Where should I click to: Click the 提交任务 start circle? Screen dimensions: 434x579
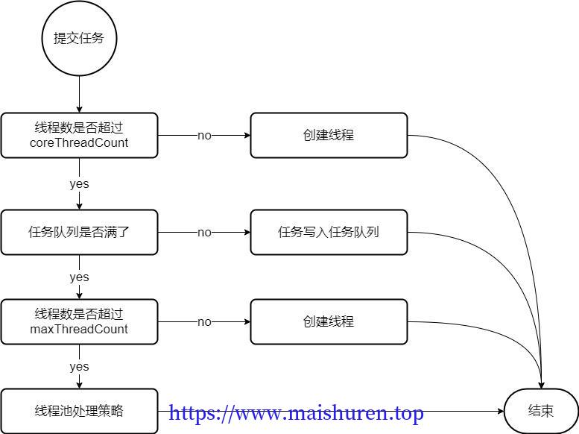click(79, 39)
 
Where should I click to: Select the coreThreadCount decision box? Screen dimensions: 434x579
click(79, 135)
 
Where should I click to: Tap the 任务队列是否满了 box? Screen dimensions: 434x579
click(79, 232)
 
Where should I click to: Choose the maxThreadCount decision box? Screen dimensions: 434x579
click(79, 321)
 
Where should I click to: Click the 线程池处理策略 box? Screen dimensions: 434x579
click(79, 411)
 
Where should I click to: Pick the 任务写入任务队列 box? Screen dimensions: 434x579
click(329, 232)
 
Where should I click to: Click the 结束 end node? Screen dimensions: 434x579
click(541, 411)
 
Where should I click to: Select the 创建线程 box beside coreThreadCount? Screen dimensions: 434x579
click(329, 135)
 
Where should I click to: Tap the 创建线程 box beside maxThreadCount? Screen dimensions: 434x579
click(329, 321)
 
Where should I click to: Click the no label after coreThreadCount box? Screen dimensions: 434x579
click(204, 136)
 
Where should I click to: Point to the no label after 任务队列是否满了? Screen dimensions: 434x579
click(204, 233)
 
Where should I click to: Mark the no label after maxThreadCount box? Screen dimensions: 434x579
click(204, 322)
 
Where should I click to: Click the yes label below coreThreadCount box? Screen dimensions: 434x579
click(79, 184)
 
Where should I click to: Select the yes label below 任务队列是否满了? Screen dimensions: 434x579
click(79, 277)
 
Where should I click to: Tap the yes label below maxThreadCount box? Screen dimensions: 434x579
click(79, 367)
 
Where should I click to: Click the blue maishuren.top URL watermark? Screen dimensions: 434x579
click(297, 412)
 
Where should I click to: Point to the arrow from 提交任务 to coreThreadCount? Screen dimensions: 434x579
click(79, 95)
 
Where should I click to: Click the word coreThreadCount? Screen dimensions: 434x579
click(79, 142)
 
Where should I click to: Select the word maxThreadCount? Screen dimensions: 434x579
click(79, 329)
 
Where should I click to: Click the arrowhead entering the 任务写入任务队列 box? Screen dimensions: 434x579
click(247, 232)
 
